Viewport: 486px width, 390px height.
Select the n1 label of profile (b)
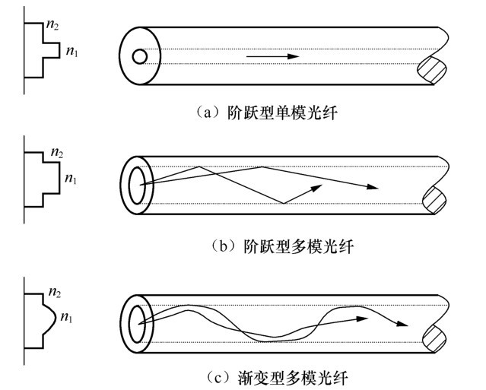click(x=71, y=179)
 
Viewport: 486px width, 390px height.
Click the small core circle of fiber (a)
click(x=139, y=56)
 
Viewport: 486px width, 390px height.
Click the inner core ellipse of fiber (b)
click(x=138, y=185)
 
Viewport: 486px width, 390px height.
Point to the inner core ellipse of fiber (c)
click(x=138, y=322)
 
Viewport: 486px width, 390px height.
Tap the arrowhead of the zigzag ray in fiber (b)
click(x=373, y=188)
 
